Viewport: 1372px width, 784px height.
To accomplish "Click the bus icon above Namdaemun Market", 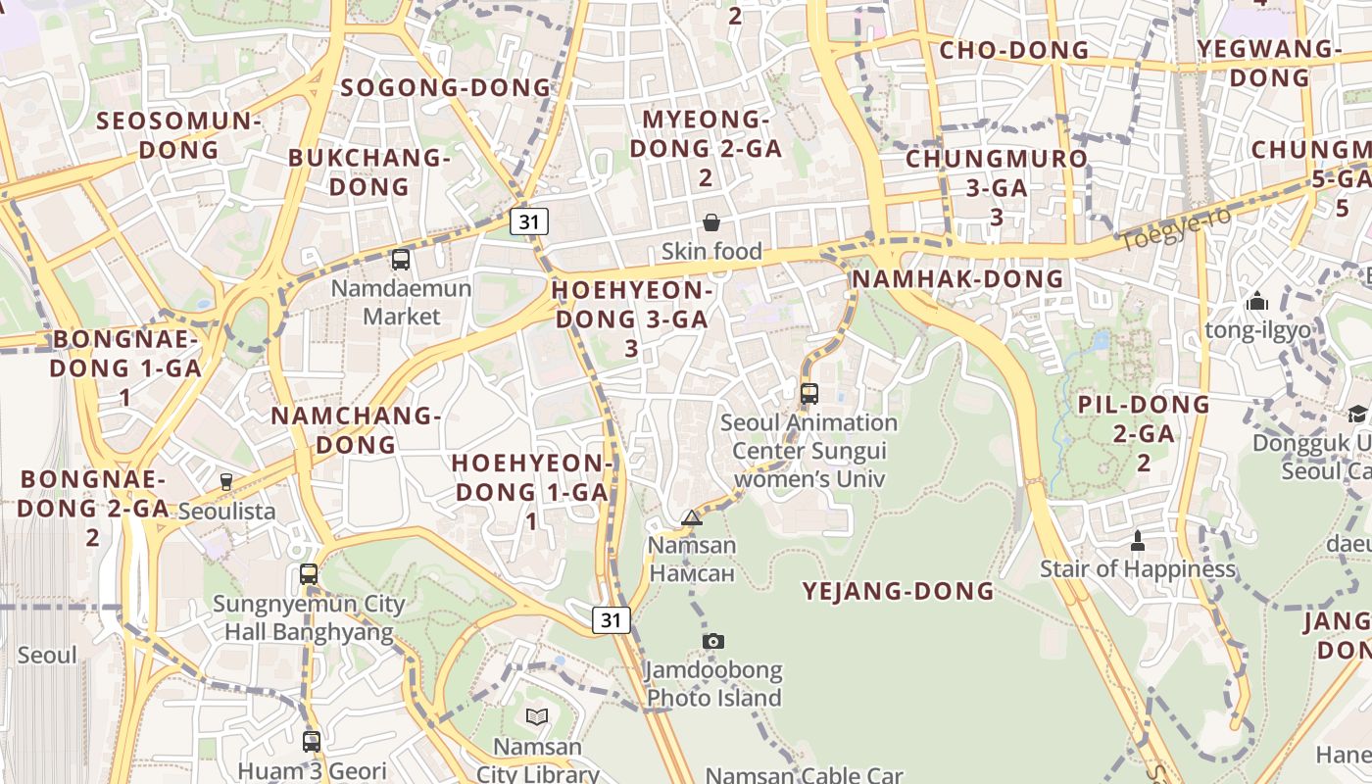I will (x=400, y=260).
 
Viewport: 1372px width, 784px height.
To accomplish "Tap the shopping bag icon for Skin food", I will (x=711, y=222).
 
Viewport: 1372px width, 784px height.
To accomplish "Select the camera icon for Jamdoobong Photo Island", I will (x=713, y=641).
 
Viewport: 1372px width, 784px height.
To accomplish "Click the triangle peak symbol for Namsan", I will (x=692, y=517).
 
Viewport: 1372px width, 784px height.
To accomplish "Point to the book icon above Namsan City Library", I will (x=537, y=717).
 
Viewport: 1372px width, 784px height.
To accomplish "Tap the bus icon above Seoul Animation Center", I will (x=809, y=394).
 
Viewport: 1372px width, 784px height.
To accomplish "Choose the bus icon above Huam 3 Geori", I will (x=312, y=742).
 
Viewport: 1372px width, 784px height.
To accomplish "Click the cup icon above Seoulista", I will (x=226, y=481).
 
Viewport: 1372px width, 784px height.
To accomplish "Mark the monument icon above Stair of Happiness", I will (x=1138, y=539).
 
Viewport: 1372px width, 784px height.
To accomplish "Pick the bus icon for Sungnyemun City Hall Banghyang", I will (x=309, y=574).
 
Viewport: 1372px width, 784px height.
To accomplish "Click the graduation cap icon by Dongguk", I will (x=1357, y=415).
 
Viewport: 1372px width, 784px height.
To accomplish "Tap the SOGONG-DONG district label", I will (x=446, y=87).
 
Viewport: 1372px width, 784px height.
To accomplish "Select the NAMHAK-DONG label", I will (x=957, y=278).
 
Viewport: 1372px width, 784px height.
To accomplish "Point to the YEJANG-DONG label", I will (x=898, y=591).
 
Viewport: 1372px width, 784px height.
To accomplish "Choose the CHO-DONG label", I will (x=1013, y=50).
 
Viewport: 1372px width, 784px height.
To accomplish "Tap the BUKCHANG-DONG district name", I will (x=368, y=171).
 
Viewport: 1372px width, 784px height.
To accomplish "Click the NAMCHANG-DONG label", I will (x=355, y=429).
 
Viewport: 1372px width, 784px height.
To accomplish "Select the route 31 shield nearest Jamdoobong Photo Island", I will (x=612, y=619).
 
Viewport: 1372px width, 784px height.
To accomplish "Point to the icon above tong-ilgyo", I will (x=1257, y=302).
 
